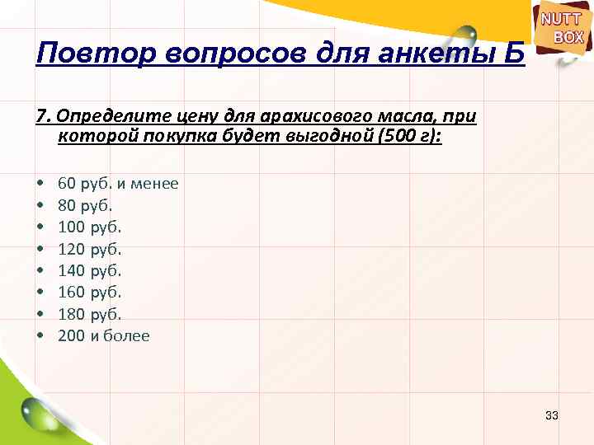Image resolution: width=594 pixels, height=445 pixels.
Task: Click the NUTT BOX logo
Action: [x=563, y=27]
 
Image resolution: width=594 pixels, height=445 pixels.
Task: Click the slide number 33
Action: [x=552, y=415]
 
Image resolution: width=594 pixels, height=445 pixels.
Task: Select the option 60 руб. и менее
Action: [x=117, y=184]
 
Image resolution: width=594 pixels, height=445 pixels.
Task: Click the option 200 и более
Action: [x=104, y=335]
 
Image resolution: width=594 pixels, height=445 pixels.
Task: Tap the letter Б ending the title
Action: [x=512, y=54]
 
